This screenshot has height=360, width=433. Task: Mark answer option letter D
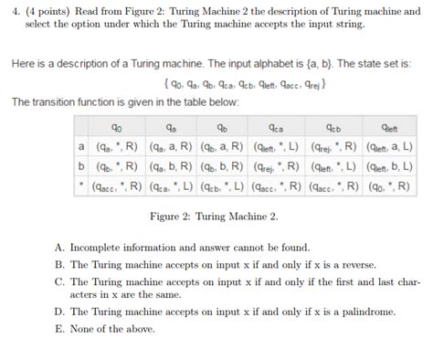(60, 312)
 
